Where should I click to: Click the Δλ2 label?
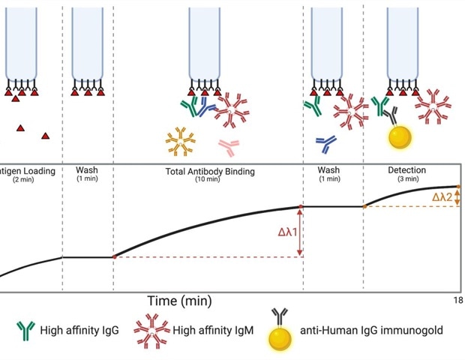(x=442, y=197)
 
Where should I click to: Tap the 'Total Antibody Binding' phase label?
(x=209, y=171)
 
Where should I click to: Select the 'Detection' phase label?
(x=406, y=170)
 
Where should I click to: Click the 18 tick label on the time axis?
(x=457, y=301)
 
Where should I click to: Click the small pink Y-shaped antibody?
(x=229, y=144)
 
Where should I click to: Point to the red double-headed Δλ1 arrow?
(x=301, y=232)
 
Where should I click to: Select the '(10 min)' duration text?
(x=210, y=179)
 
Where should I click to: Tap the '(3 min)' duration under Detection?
(x=406, y=178)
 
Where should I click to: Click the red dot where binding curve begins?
(x=114, y=257)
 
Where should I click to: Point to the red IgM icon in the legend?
(x=150, y=328)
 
